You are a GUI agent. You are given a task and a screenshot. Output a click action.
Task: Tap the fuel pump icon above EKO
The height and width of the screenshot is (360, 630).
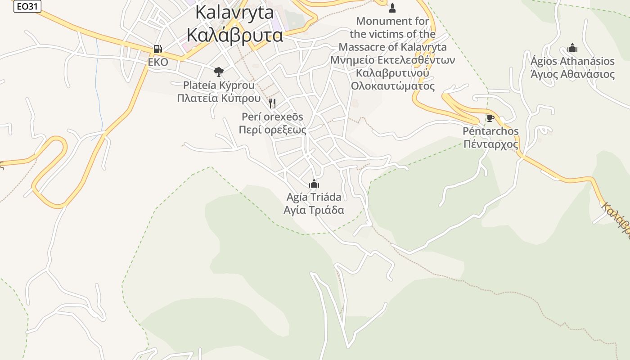pyautogui.click(x=157, y=49)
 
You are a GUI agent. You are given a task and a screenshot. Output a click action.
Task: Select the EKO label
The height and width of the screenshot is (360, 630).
pyautogui.click(x=158, y=62)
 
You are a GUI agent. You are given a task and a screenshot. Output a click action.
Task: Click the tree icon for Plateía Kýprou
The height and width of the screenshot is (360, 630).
pyautogui.click(x=218, y=72)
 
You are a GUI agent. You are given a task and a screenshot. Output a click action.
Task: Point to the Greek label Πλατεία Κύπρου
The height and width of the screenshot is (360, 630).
pyautogui.click(x=219, y=98)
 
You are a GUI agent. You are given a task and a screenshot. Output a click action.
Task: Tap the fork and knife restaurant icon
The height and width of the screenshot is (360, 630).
pyautogui.click(x=272, y=103)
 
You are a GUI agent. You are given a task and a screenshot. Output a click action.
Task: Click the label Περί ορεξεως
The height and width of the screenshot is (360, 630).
pyautogui.click(x=273, y=130)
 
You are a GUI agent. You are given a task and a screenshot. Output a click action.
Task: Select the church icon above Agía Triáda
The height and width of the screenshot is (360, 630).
pyautogui.click(x=314, y=184)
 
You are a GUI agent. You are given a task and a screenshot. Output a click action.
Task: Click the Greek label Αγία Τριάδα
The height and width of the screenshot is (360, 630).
pyautogui.click(x=314, y=210)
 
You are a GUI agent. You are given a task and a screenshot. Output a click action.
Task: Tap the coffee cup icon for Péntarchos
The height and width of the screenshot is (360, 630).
pyautogui.click(x=490, y=118)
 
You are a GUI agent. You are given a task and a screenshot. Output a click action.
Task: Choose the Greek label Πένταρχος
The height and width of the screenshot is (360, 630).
pyautogui.click(x=490, y=144)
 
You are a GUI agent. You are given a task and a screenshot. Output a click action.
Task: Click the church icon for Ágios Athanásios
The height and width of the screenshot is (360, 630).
pyautogui.click(x=572, y=48)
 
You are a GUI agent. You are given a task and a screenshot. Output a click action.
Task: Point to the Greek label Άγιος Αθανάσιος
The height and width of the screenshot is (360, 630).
pyautogui.click(x=572, y=74)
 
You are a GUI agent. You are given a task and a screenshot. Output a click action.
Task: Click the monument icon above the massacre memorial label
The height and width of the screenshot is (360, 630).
pyautogui.click(x=392, y=8)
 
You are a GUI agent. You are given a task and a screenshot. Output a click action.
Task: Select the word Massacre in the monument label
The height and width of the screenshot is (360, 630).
pyautogui.click(x=363, y=47)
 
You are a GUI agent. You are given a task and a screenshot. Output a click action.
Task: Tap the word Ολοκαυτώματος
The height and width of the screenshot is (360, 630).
pyautogui.click(x=393, y=86)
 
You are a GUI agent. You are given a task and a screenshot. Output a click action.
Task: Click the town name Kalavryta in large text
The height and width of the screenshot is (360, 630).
pyautogui.click(x=234, y=12)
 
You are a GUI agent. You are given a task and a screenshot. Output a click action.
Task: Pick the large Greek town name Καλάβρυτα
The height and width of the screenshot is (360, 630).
pyautogui.click(x=234, y=35)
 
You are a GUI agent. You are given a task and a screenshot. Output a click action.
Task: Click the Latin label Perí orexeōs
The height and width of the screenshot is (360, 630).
pyautogui.click(x=273, y=117)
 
